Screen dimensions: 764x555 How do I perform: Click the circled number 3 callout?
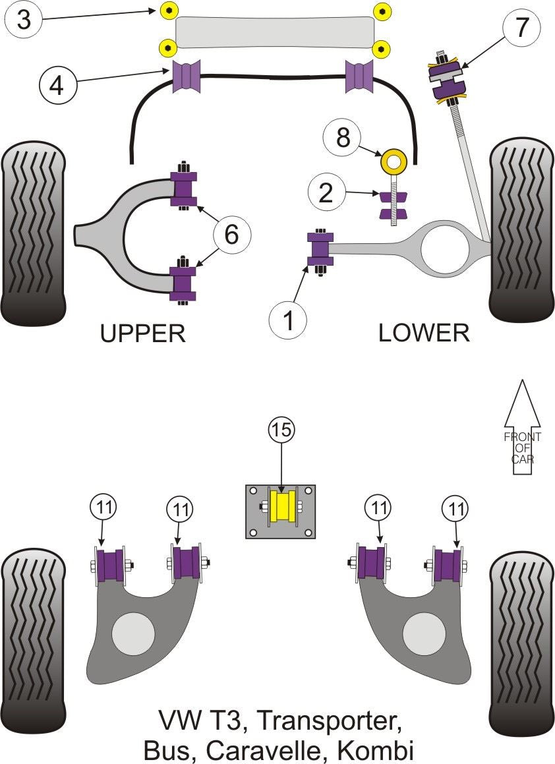tap(24, 20)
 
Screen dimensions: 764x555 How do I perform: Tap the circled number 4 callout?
tap(58, 85)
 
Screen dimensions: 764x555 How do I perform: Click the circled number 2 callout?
tap(326, 193)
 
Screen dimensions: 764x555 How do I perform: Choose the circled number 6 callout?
tap(232, 235)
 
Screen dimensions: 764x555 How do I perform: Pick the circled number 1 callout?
tap(288, 320)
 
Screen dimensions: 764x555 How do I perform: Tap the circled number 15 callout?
tap(281, 430)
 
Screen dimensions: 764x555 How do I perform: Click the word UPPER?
tap(142, 334)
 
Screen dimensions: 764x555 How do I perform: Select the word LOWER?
tap(424, 333)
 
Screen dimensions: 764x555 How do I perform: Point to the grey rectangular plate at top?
tap(274, 32)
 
